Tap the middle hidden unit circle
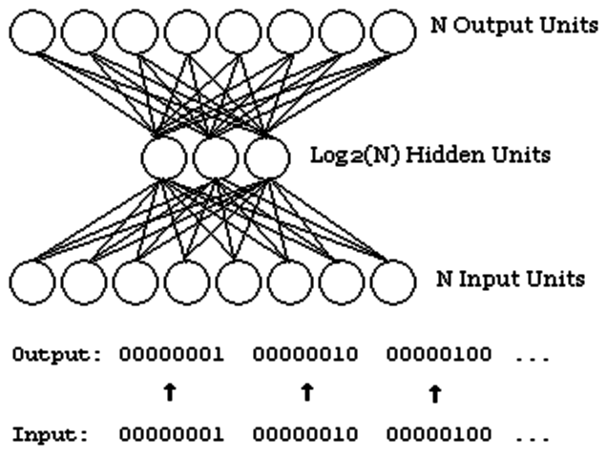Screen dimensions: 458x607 [215, 156]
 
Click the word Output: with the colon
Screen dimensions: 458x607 [55, 355]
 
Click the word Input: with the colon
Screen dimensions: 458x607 [51, 434]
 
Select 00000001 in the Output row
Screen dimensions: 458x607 [172, 355]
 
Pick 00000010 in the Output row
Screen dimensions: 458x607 [305, 355]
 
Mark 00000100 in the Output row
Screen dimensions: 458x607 [439, 355]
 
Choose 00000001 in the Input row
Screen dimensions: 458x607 [172, 434]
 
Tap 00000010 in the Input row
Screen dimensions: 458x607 [305, 434]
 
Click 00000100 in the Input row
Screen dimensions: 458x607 [439, 434]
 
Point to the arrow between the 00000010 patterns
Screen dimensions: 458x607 [305, 391]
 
